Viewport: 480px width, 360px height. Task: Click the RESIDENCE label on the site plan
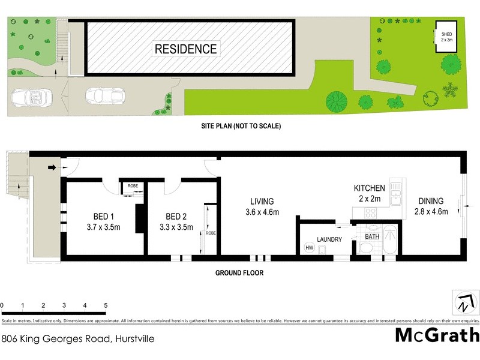pos(186,49)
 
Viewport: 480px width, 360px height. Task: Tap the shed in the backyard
pos(447,37)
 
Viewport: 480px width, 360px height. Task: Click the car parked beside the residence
pos(105,95)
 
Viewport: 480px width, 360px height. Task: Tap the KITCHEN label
pos(369,188)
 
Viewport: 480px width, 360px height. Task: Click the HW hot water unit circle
pos(310,248)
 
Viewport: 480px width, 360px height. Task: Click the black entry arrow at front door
pos(52,167)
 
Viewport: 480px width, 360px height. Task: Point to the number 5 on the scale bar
pos(106,305)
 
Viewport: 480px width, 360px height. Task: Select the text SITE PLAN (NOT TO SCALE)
pos(241,127)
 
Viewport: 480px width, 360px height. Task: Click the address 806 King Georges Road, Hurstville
pos(78,338)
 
